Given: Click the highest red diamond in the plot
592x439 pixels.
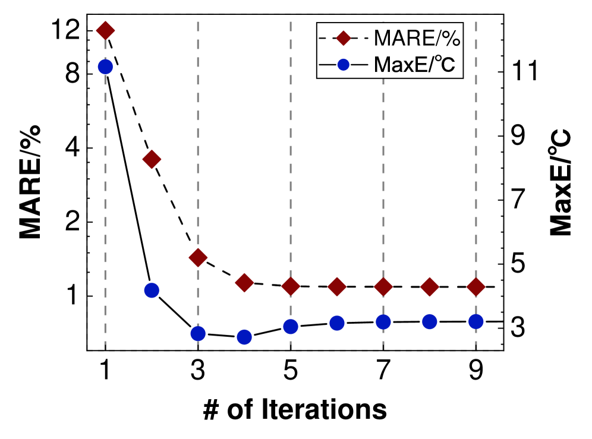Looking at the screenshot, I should [x=105, y=30].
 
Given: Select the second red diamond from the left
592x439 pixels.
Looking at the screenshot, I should [x=152, y=159].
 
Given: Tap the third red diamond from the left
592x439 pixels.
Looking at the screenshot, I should [x=198, y=257].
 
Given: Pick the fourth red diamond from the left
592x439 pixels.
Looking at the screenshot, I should [x=244, y=283].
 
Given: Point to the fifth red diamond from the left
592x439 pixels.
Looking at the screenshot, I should [x=291, y=287].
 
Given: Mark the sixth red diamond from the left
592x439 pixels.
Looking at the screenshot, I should [x=337, y=287].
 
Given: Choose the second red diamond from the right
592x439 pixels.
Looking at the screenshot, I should [x=430, y=287].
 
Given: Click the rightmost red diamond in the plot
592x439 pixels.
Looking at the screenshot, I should [x=476, y=287].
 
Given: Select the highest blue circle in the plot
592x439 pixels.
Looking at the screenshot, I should [x=105, y=67].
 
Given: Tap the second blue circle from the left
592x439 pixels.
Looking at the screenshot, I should [x=152, y=290].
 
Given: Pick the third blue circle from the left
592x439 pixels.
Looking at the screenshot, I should [x=198, y=334].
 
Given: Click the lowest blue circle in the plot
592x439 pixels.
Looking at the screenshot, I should [x=244, y=337].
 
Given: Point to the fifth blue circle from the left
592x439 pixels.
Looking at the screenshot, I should [x=291, y=326].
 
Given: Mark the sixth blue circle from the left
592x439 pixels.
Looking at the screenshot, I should [x=337, y=323].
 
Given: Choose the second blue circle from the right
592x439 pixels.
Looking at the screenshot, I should [x=430, y=321].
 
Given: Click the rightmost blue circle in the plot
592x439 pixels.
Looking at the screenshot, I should [x=476, y=321].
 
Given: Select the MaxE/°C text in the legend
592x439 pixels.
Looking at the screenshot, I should [x=414, y=65].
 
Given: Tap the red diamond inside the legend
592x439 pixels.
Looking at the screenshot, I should [x=343, y=39].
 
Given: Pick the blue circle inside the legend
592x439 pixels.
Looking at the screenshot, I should [x=343, y=65].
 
